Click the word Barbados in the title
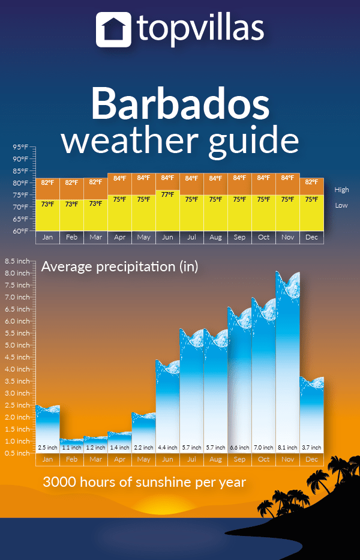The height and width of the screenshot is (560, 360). coord(180,103)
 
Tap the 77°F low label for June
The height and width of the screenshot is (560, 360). coord(167,194)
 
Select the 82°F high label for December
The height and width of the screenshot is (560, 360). coord(311,182)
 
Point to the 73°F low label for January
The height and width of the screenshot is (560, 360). coord(47,204)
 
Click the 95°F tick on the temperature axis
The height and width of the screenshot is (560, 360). coord(21,147)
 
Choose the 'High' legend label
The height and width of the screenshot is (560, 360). coord(341,190)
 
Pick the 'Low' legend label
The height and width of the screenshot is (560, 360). coord(341,205)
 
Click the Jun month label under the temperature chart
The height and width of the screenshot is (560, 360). coord(167,238)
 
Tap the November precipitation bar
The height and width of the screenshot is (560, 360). coord(287,360)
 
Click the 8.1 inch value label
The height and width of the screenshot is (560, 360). coord(287,448)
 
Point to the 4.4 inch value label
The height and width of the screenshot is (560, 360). coord(167,448)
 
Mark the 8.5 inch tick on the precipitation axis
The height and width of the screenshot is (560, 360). coord(17,261)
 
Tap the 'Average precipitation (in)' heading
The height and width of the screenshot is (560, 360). coord(119,266)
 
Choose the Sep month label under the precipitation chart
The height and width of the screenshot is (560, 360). coord(239,459)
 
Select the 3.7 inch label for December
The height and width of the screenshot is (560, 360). coord(311,448)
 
